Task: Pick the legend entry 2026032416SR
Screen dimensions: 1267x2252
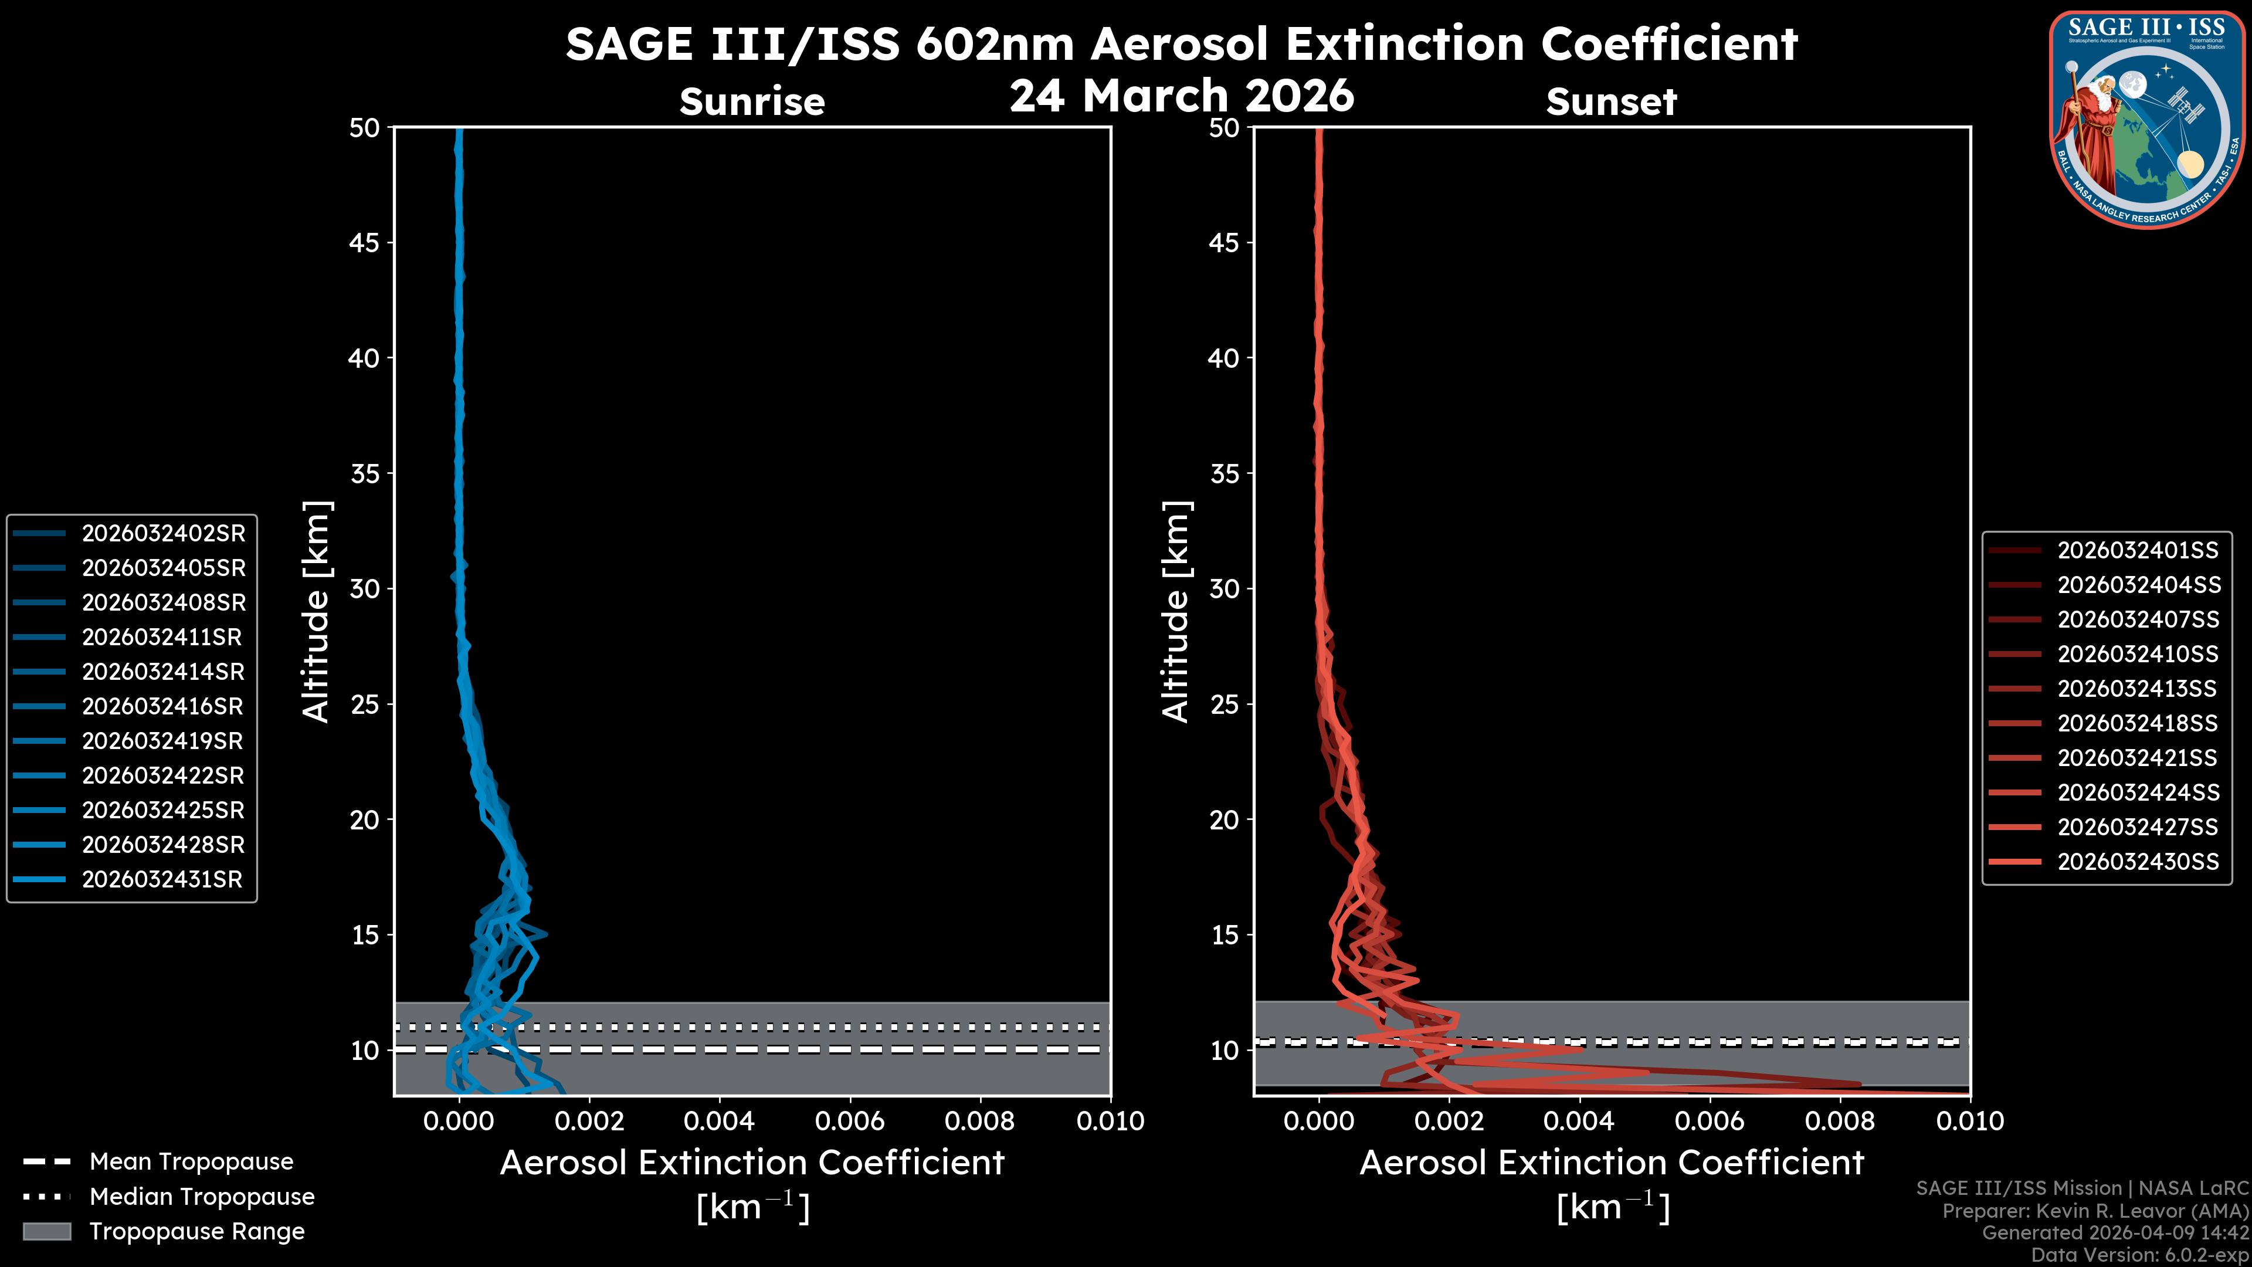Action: pyautogui.click(x=162, y=706)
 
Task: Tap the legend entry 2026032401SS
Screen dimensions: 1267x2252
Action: pyautogui.click(x=2138, y=551)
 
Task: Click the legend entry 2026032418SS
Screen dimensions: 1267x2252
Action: pyautogui.click(x=2138, y=724)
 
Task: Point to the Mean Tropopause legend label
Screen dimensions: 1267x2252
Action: pyautogui.click(x=191, y=1162)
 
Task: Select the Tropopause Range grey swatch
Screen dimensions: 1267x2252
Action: pyautogui.click(x=46, y=1232)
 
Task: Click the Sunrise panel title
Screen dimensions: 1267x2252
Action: pyautogui.click(x=752, y=102)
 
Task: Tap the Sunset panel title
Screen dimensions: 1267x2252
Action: pyautogui.click(x=1611, y=102)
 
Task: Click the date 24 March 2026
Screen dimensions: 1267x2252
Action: pyautogui.click(x=1181, y=95)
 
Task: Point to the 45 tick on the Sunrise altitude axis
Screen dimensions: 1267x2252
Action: pyautogui.click(x=365, y=243)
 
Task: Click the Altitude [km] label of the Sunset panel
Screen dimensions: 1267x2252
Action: pyautogui.click(x=1176, y=612)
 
